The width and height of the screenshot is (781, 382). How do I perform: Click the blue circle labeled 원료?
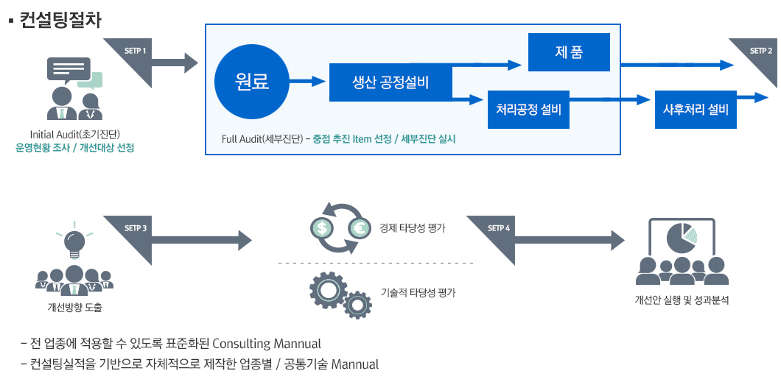251,82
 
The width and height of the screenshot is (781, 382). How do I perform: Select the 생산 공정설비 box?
390,82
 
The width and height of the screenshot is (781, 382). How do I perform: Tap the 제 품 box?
569,52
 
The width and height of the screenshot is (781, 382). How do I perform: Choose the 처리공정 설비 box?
528,110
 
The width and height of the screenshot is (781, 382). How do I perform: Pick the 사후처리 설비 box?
696,110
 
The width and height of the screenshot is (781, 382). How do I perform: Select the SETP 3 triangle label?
137,229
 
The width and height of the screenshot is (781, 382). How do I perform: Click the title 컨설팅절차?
60,19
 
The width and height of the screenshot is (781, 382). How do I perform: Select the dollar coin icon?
322,228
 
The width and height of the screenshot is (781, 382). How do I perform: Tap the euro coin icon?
360,228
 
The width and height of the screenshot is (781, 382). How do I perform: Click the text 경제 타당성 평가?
413,228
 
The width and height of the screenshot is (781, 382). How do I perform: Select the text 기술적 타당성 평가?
418,292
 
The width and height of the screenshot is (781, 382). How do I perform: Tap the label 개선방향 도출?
74,307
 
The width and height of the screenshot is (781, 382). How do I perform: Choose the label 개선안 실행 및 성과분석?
682,300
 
